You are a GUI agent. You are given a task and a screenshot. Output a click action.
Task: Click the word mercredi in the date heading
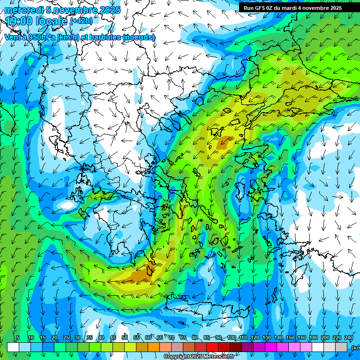22,10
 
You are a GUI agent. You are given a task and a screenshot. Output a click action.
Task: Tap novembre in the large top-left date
70,10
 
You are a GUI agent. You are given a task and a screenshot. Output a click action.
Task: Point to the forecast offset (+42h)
82,21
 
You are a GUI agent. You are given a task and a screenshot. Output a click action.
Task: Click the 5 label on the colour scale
18,338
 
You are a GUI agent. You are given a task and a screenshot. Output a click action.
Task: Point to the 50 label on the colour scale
125,338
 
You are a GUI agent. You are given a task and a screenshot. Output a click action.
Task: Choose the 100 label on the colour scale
232,338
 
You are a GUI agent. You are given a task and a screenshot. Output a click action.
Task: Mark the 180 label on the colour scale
314,338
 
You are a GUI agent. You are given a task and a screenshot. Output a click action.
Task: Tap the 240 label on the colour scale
349,338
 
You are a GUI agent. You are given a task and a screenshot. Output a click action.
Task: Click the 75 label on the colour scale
183,338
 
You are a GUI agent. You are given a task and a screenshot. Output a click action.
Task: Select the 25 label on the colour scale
66,338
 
